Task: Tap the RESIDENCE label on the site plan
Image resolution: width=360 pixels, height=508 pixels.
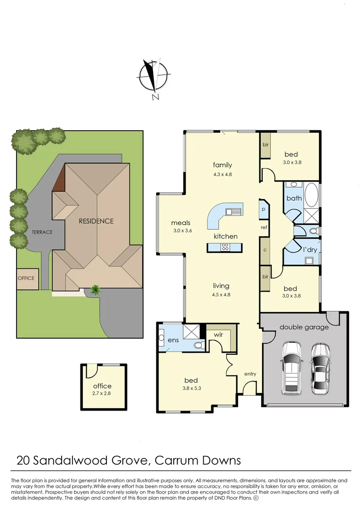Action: point(96,221)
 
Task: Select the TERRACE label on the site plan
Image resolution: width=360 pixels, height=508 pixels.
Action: point(42,232)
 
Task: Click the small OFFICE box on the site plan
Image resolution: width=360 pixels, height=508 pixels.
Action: point(26,278)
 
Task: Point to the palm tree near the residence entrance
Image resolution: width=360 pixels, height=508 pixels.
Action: point(96,290)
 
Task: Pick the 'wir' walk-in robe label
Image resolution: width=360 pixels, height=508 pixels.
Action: point(218,334)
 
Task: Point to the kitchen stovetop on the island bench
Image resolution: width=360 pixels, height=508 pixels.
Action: point(225,246)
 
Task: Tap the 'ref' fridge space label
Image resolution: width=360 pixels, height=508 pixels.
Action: point(264,228)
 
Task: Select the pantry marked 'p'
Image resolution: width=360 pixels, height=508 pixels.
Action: point(264,209)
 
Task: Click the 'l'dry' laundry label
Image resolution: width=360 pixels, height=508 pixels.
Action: point(309,249)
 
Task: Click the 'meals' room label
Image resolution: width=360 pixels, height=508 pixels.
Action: point(180,223)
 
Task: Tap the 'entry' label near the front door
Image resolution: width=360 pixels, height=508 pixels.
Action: point(250,374)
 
